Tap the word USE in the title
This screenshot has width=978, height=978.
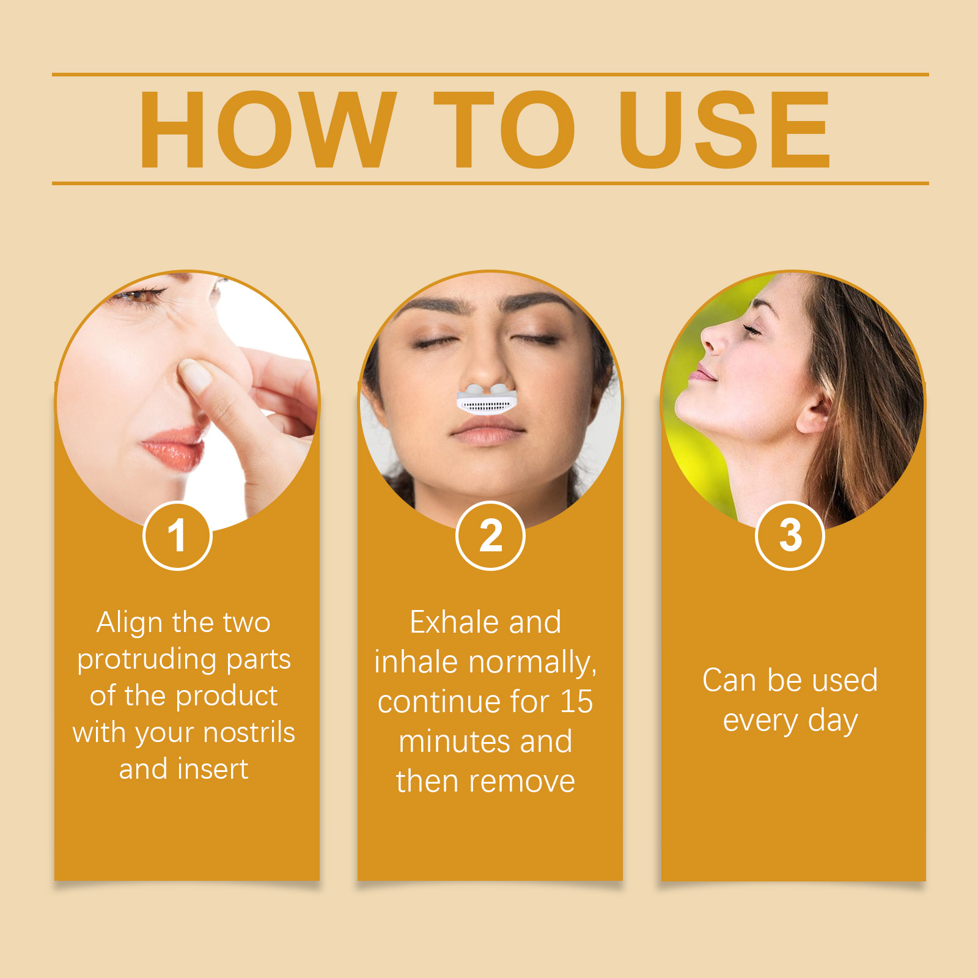click(724, 130)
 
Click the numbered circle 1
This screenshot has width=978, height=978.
click(177, 535)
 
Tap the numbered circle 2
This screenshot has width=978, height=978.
click(490, 535)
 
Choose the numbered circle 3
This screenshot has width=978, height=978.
click(790, 535)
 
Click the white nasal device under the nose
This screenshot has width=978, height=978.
click(487, 399)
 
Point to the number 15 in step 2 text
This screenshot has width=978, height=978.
click(576, 702)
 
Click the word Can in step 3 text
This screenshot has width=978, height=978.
click(729, 680)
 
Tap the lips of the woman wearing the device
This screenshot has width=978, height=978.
click(487, 433)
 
